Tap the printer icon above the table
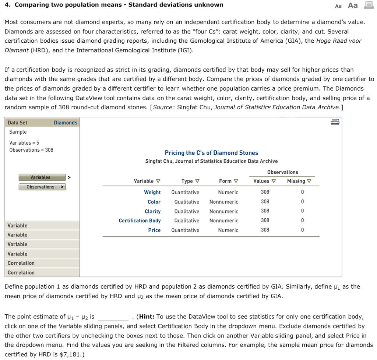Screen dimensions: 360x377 [335, 122]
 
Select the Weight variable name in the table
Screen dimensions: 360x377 [152, 192]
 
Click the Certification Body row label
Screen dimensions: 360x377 [140, 220]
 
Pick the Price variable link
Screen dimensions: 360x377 [154, 230]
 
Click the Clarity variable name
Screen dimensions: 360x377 [152, 211]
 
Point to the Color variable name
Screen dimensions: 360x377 [154, 202]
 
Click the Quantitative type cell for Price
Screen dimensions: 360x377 [185, 230]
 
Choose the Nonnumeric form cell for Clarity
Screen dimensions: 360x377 [223, 211]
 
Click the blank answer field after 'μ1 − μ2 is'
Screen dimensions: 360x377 [113, 317]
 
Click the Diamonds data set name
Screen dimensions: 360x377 [66, 123]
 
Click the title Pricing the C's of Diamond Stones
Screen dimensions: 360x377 [211, 153]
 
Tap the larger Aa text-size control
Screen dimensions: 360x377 [353, 5]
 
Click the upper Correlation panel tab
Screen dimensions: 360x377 [21, 263]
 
